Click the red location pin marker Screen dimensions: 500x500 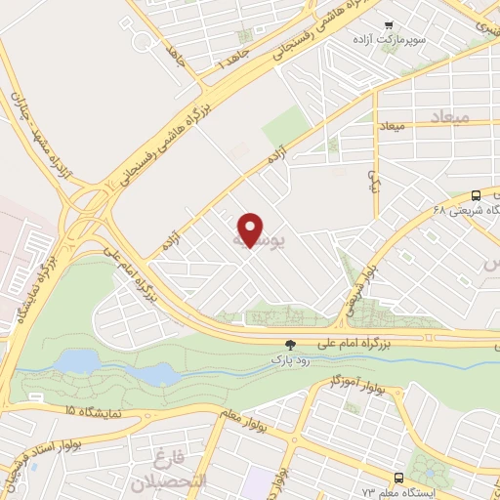pyautogui.click(x=251, y=229)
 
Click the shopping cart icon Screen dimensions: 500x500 pyautogui.click(x=390, y=24)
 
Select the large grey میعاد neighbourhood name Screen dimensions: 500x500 pyautogui.click(x=449, y=117)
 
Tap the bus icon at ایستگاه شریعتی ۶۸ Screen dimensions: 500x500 pyautogui.click(x=475, y=194)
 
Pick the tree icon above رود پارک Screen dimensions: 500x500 pyautogui.click(x=289, y=344)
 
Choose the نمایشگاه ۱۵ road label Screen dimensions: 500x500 pyautogui.click(x=96, y=413)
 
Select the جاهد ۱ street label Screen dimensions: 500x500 pyautogui.click(x=235, y=62)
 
